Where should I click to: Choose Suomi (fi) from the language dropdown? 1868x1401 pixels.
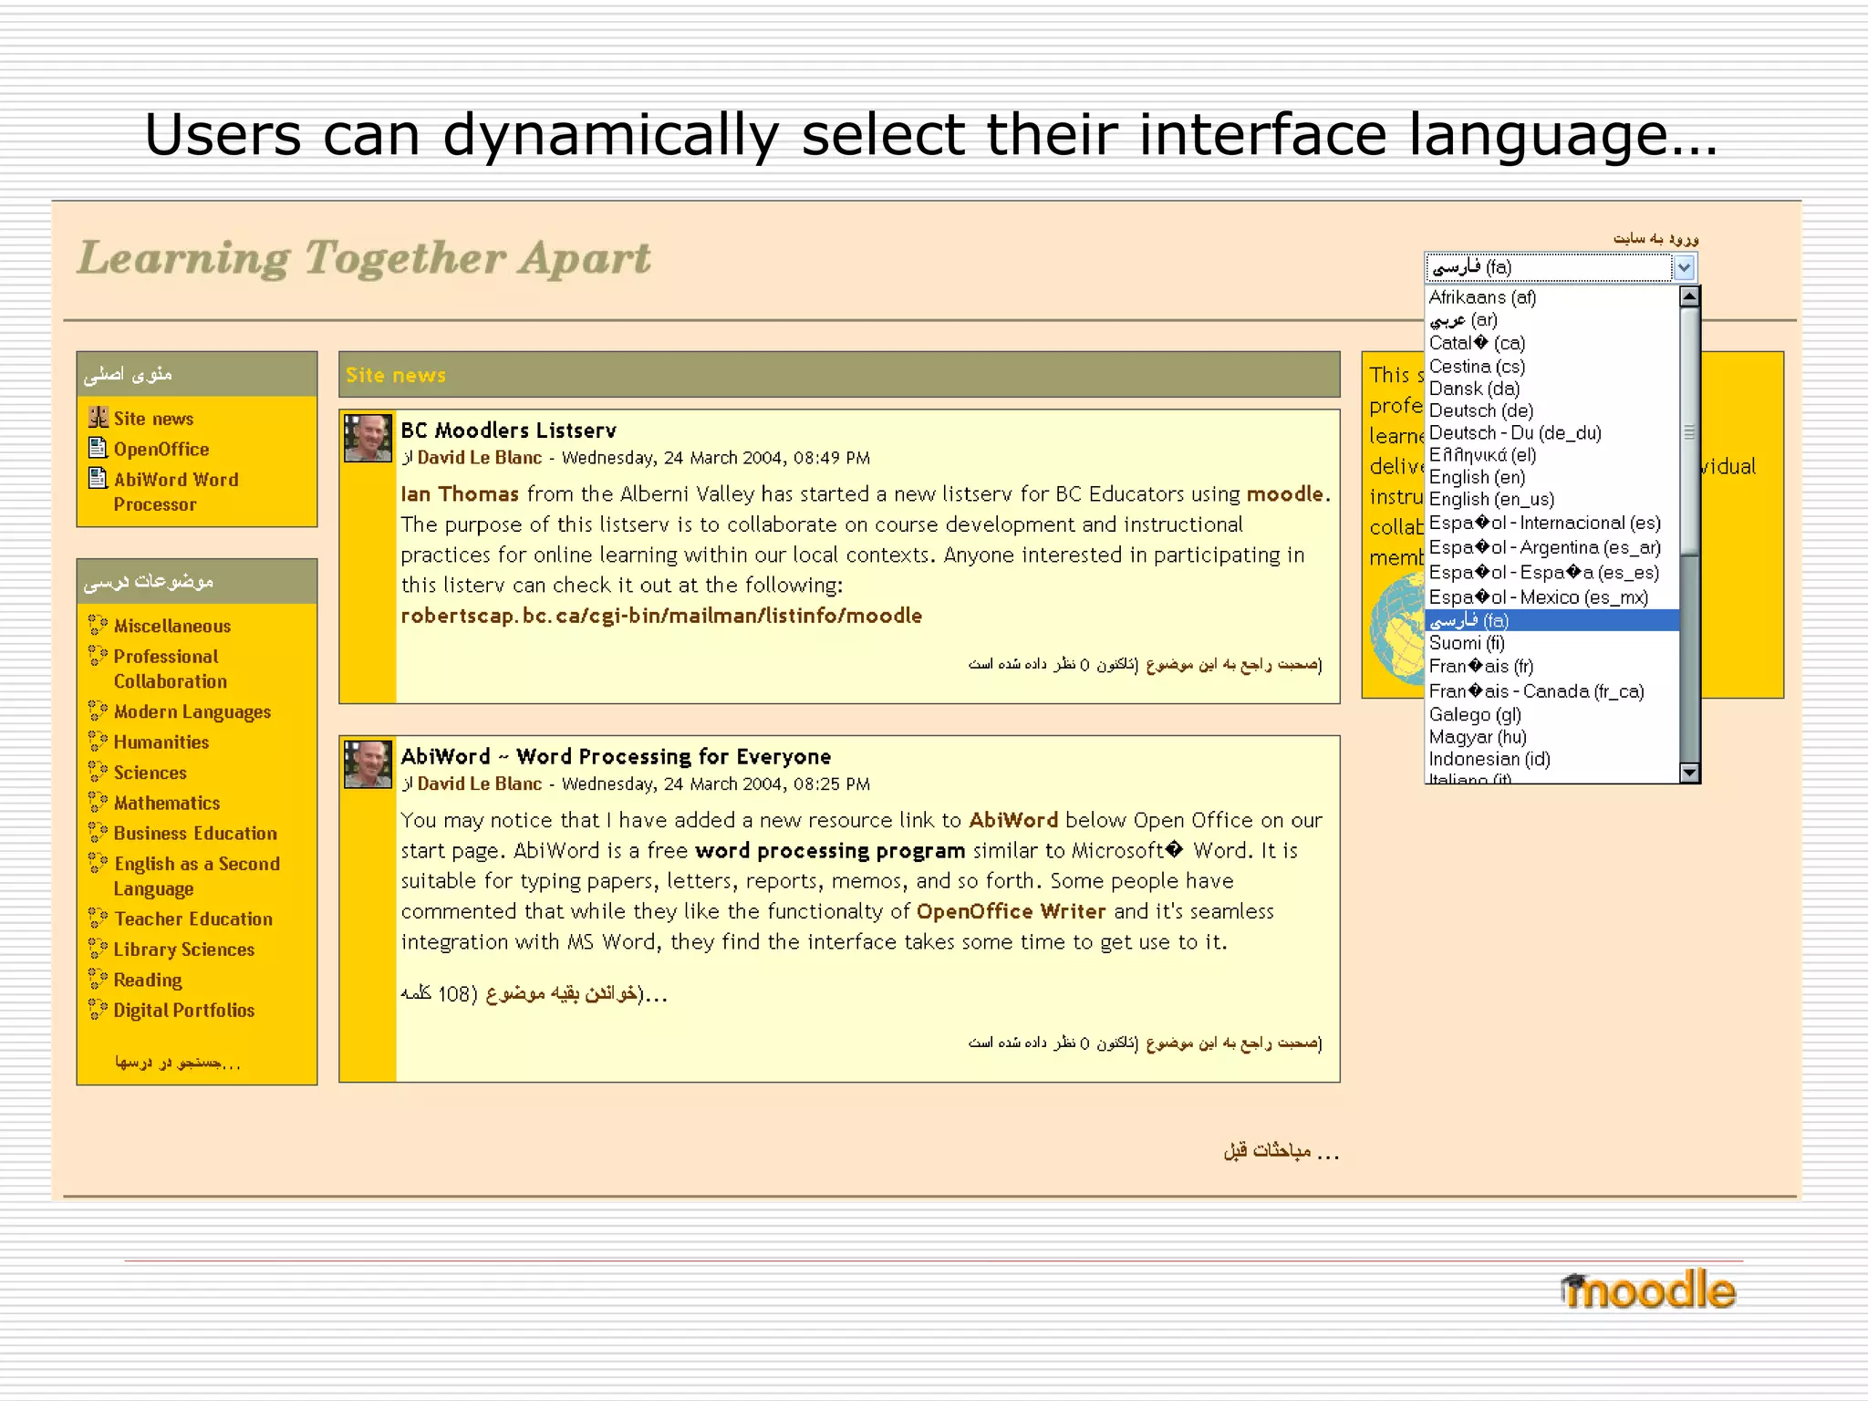(x=1467, y=643)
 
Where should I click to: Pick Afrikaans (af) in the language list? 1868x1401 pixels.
(x=1482, y=297)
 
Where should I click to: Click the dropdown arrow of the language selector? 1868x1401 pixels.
(x=1684, y=267)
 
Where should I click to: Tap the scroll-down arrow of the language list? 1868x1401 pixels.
(x=1689, y=773)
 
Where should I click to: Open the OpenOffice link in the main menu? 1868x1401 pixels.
(x=161, y=449)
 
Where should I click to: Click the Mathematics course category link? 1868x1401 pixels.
(x=166, y=803)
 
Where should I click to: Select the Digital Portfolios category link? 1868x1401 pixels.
(x=183, y=1010)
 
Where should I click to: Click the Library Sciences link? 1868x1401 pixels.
(x=183, y=950)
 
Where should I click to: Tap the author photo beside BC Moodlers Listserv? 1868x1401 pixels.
(x=368, y=438)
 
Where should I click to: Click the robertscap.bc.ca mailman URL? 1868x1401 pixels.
(x=661, y=616)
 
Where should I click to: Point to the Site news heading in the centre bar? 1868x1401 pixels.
(x=395, y=375)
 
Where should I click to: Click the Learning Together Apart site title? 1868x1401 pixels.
(x=364, y=258)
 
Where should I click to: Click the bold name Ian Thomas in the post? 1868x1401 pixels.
(x=459, y=494)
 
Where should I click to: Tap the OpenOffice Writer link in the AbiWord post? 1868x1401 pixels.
(x=1011, y=911)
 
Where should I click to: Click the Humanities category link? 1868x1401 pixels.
(x=161, y=742)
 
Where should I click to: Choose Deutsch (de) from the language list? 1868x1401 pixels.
(x=1480, y=410)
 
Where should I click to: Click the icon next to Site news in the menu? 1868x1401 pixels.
(x=99, y=418)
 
